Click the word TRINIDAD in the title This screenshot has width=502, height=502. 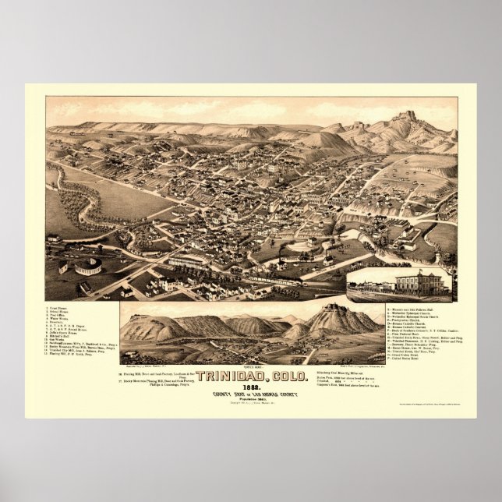coord(230,376)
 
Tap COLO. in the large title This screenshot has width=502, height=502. coord(281,376)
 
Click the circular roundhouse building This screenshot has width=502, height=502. coord(87,266)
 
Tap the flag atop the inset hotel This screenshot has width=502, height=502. coord(417,269)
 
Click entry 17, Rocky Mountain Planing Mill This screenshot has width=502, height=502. coord(148,381)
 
